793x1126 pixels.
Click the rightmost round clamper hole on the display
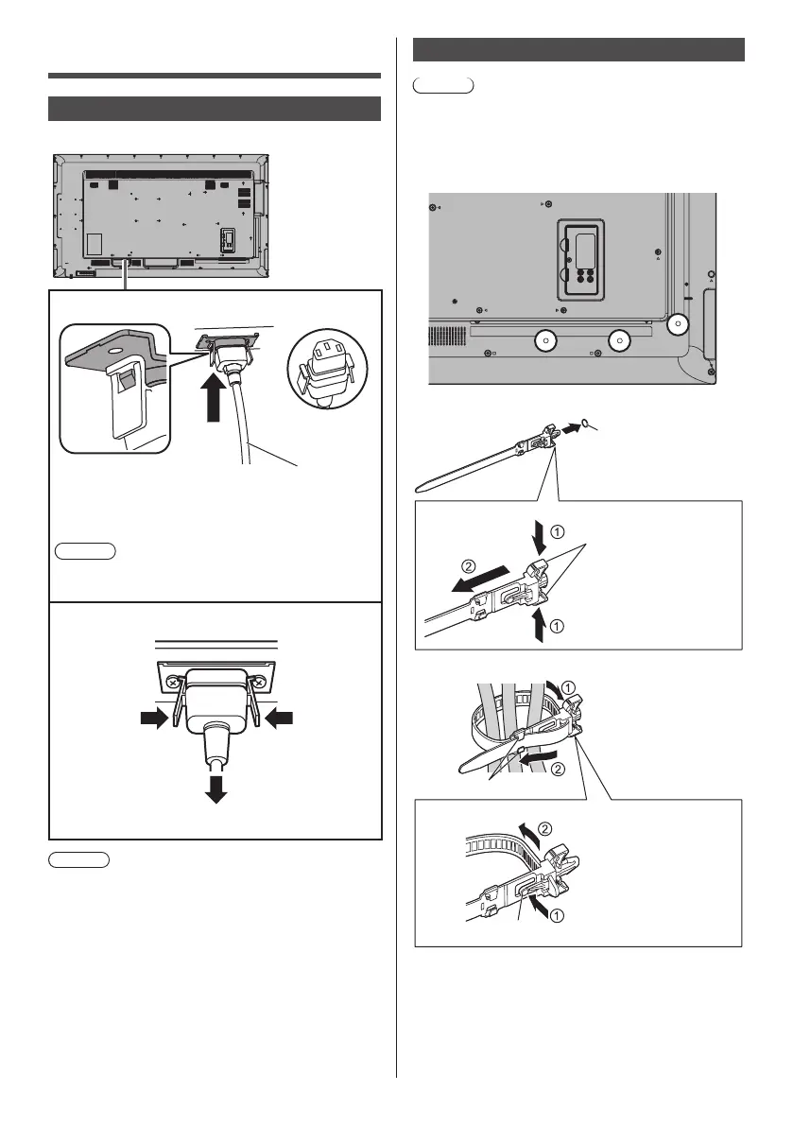coord(677,326)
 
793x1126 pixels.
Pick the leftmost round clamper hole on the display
coord(544,340)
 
